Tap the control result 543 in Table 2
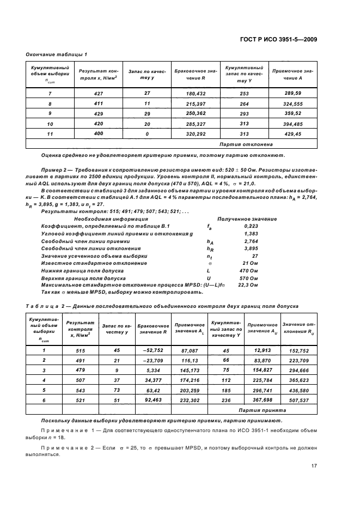click(x=80, y=390)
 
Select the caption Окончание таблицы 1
click(x=57, y=54)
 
